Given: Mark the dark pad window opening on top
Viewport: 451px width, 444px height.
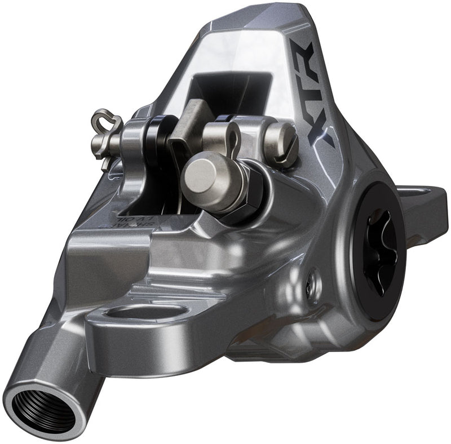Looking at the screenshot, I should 231,90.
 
